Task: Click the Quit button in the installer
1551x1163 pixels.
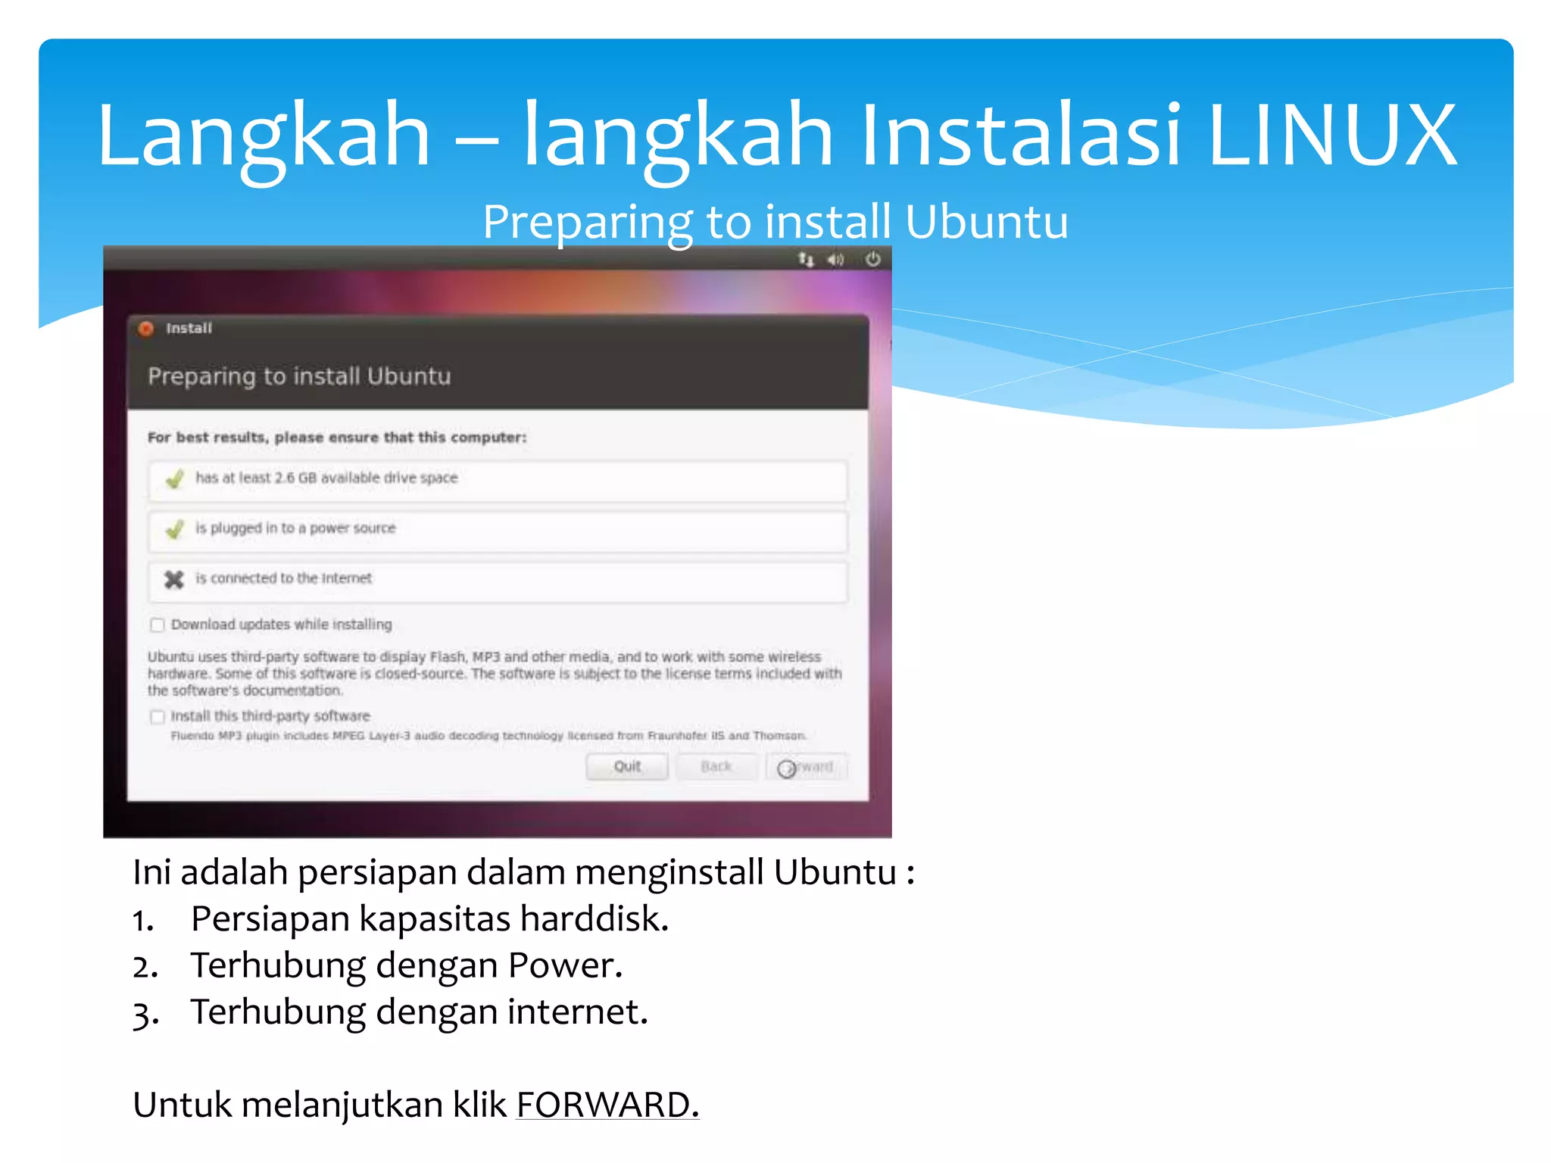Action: pyautogui.click(x=626, y=766)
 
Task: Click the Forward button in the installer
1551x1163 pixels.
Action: pyautogui.click(x=806, y=767)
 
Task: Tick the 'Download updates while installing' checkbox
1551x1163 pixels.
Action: pyautogui.click(x=158, y=625)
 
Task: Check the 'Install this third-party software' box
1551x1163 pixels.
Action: pyautogui.click(x=158, y=716)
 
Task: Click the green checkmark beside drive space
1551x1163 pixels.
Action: pyautogui.click(x=175, y=479)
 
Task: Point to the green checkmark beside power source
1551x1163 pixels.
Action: pyautogui.click(x=175, y=528)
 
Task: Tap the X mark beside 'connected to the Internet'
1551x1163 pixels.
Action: pyautogui.click(x=174, y=579)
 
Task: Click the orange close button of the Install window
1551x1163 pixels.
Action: pyautogui.click(x=147, y=329)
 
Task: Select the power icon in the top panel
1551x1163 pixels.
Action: pyautogui.click(x=872, y=260)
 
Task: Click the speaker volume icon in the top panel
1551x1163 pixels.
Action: pyautogui.click(x=835, y=260)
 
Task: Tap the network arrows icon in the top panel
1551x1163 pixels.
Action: pyautogui.click(x=805, y=260)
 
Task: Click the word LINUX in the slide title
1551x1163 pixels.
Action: pyautogui.click(x=1331, y=135)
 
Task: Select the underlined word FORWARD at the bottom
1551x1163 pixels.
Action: pyautogui.click(x=607, y=1105)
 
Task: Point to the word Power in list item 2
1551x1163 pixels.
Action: pyautogui.click(x=564, y=965)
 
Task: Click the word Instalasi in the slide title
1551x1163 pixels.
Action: pyautogui.click(x=1019, y=135)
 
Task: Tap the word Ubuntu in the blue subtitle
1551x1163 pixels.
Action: pyautogui.click(x=986, y=222)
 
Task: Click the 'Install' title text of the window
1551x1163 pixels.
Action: pyautogui.click(x=189, y=329)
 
